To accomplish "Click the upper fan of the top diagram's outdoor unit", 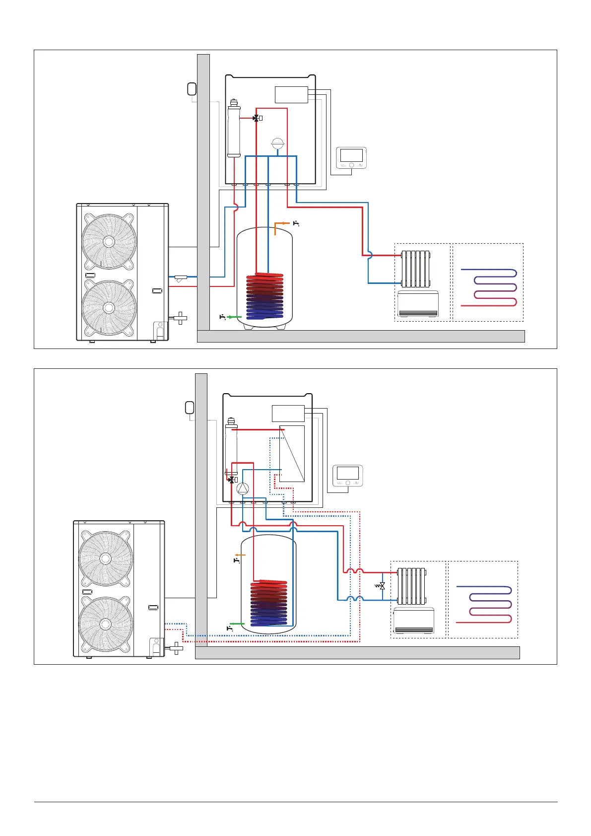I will (x=109, y=242).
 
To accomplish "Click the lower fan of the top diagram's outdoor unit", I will (x=109, y=308).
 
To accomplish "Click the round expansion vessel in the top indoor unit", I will (x=278, y=144).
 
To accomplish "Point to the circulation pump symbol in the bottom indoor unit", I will (x=243, y=488).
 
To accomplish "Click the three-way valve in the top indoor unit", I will (x=256, y=118).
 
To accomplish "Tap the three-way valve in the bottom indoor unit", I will (x=231, y=480).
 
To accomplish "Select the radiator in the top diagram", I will (x=415, y=269).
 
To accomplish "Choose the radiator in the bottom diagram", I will (x=411, y=586).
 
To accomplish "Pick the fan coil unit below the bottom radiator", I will (x=413, y=621).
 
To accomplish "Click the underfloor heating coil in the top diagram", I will (x=489, y=287).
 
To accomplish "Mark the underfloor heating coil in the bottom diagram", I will (x=484, y=604).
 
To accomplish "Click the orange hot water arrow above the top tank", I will (x=283, y=224).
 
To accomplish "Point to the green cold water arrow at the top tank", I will (x=234, y=316).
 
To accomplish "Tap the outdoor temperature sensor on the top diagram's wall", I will (x=192, y=89).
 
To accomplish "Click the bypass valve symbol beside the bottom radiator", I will (x=382, y=586).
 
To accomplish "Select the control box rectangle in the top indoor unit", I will (x=291, y=95).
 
